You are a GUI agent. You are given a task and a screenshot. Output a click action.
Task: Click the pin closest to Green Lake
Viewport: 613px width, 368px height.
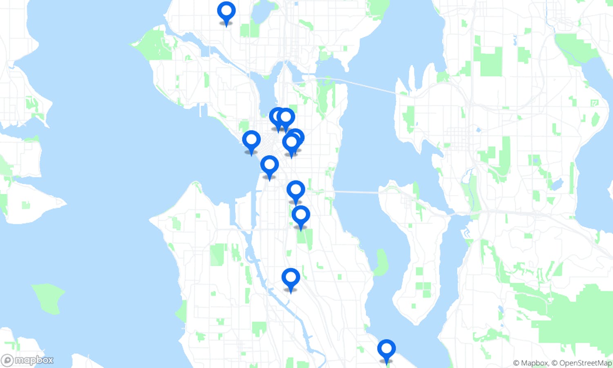(x=226, y=12)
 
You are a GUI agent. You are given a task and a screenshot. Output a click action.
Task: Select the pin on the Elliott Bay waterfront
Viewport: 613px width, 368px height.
(x=251, y=141)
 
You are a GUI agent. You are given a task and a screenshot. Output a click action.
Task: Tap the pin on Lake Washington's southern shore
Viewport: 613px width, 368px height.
(x=386, y=350)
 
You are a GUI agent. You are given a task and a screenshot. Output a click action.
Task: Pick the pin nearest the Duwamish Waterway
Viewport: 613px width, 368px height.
(x=291, y=278)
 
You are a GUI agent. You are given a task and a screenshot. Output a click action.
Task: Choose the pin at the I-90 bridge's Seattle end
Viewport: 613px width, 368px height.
(x=295, y=191)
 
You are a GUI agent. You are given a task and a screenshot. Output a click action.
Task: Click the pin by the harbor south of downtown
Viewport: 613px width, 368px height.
(x=269, y=166)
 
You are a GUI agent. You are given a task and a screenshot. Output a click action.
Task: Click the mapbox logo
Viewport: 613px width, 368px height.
(x=28, y=360)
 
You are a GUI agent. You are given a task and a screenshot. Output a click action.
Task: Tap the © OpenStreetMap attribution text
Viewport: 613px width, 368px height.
(x=582, y=363)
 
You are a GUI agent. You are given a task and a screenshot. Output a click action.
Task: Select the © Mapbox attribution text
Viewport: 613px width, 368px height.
(x=530, y=363)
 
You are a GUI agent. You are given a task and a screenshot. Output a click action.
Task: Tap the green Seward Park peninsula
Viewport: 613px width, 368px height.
(x=381, y=262)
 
